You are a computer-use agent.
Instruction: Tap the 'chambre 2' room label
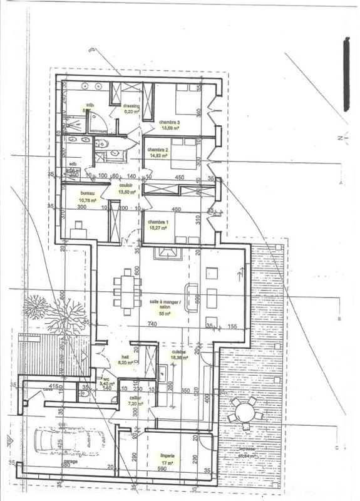tap(157, 150)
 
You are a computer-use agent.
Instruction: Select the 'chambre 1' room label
tap(157, 222)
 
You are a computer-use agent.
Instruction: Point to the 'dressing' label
tap(131, 106)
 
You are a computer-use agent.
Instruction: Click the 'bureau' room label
tap(88, 194)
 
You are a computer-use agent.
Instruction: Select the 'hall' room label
tap(125, 358)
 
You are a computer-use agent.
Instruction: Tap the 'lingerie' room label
tap(166, 456)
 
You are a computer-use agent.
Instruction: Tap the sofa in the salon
tap(192, 298)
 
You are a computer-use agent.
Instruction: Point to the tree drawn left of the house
tap(56, 313)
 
